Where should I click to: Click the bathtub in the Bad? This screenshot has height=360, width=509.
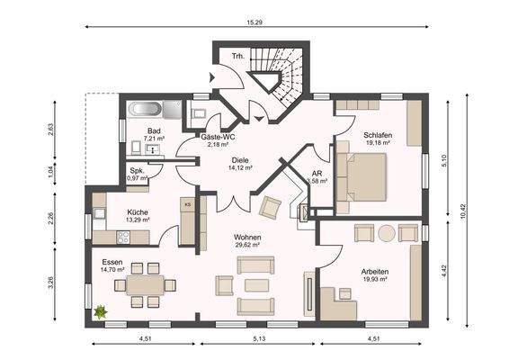coord(145,112)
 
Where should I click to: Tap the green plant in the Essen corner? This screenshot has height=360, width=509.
coord(101,311)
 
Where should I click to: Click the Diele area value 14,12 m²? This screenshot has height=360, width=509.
coord(238,166)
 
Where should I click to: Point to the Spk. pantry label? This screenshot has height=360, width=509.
coord(137,170)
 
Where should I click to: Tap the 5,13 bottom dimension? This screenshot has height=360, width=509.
coord(258,339)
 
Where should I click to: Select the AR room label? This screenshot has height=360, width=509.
coord(317,173)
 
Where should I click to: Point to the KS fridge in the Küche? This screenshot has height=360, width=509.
coord(188,206)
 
